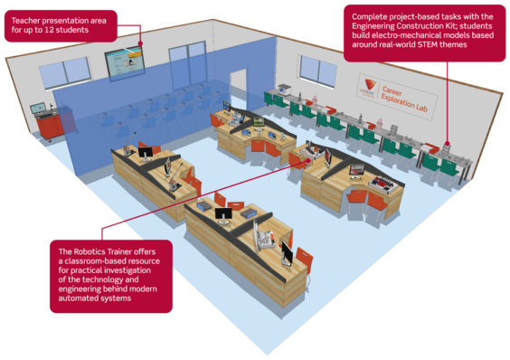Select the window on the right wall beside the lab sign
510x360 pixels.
coord(316,71)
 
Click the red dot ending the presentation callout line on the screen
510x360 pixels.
coord(141,42)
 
